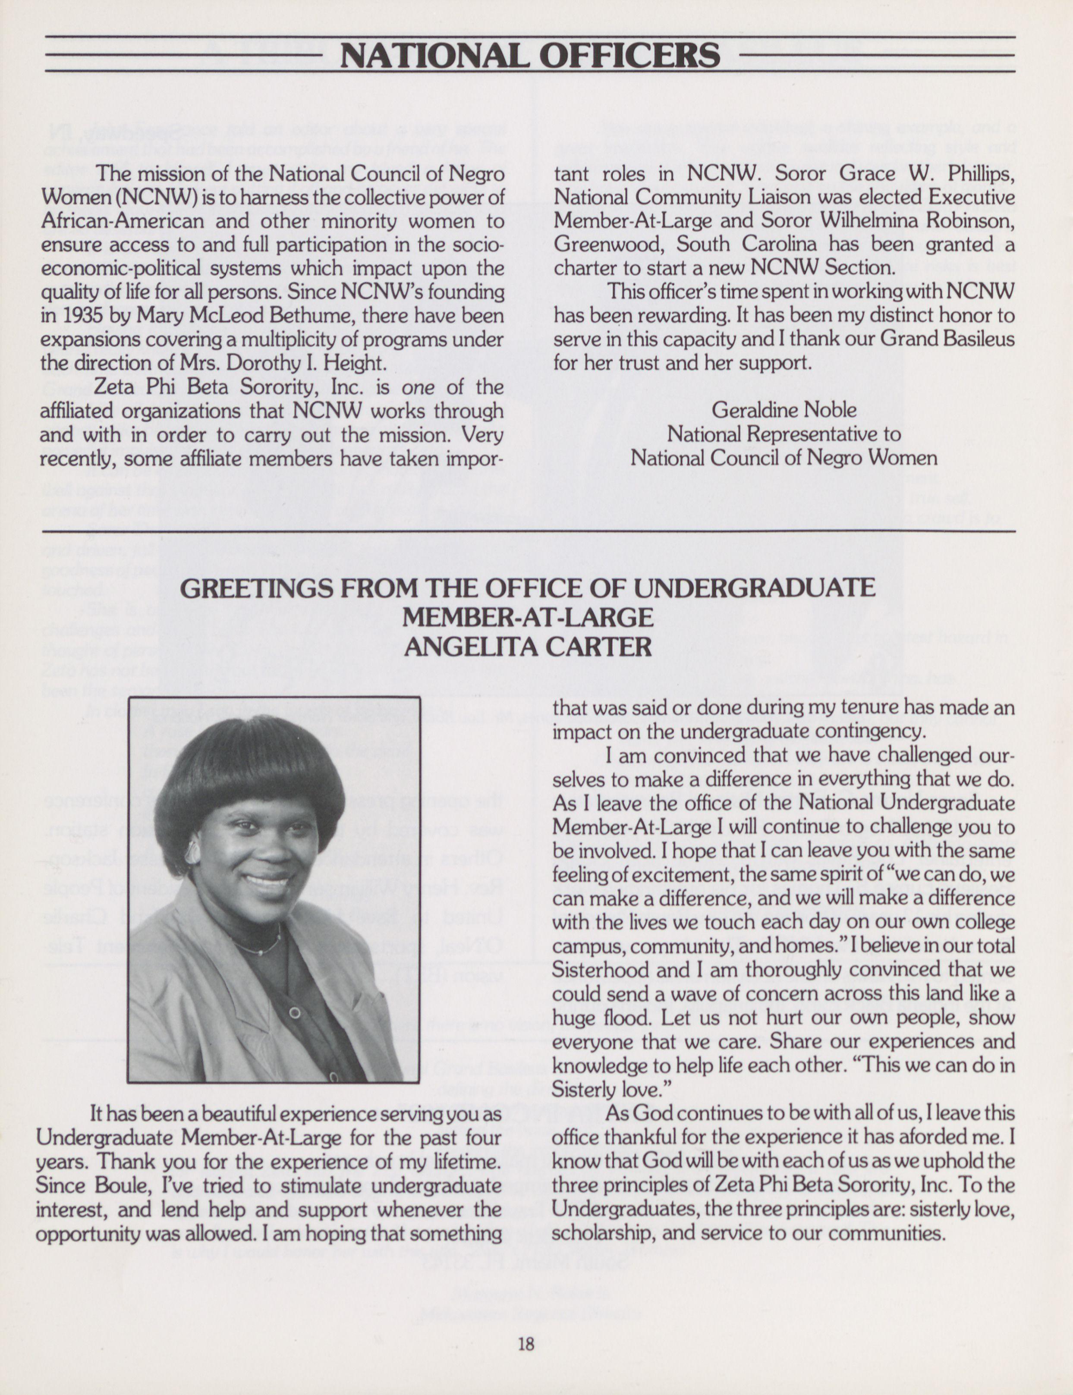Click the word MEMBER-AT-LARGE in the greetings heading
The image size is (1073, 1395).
point(528,617)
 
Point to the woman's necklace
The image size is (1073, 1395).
point(259,947)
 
